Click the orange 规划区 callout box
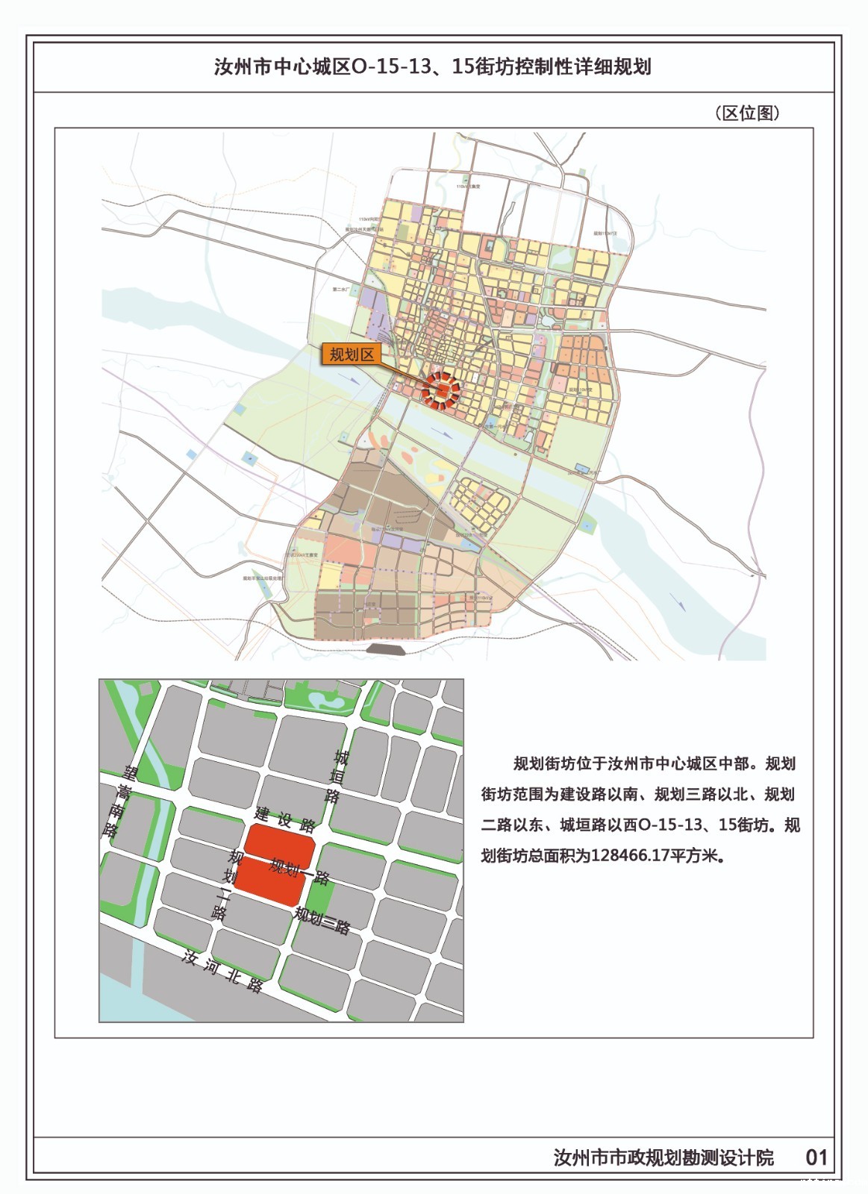point(352,354)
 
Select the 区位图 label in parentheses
point(747,113)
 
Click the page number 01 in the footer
point(817,1157)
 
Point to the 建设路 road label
point(284,818)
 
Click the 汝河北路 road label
point(222,970)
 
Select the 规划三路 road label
point(322,920)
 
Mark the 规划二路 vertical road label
point(226,885)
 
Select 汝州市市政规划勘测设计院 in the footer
point(664,1157)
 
